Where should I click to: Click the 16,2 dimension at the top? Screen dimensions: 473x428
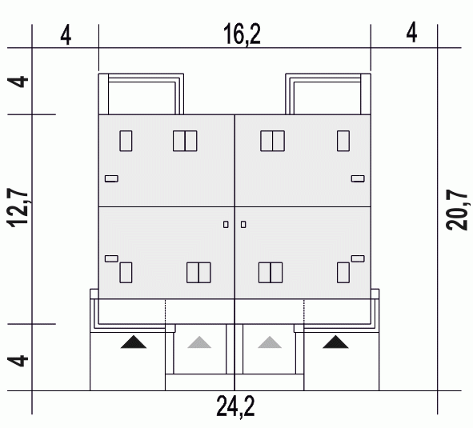coord(242,34)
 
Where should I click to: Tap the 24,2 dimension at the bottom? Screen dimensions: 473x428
coord(235,407)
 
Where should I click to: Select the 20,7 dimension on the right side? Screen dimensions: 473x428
coord(457,210)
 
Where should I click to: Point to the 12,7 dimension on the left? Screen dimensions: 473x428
coord(18,207)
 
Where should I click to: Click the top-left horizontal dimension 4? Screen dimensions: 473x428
coord(66,35)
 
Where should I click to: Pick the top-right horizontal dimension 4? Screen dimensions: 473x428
coord(411,32)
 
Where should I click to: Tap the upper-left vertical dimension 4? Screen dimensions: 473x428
coord(18,82)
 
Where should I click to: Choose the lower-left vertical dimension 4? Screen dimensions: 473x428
coord(18,361)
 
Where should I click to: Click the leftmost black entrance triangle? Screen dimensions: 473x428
coord(134,342)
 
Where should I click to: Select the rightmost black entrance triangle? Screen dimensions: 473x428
coord(335,342)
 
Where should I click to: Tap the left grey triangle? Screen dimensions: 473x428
coord(199,342)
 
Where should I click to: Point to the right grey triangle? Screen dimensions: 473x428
coord(270,342)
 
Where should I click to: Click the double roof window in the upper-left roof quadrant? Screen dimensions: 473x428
coord(185,141)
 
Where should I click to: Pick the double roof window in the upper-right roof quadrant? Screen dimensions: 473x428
coord(272,141)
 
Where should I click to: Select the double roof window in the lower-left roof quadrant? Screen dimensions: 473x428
coord(198,273)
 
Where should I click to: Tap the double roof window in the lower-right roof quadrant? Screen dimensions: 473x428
coord(271,273)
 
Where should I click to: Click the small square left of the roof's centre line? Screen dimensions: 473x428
coord(226,225)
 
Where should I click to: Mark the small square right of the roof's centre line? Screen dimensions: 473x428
coord(243,225)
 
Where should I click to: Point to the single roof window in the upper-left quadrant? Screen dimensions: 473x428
coord(126,141)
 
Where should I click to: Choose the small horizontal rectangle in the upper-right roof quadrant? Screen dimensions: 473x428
coord(358,178)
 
